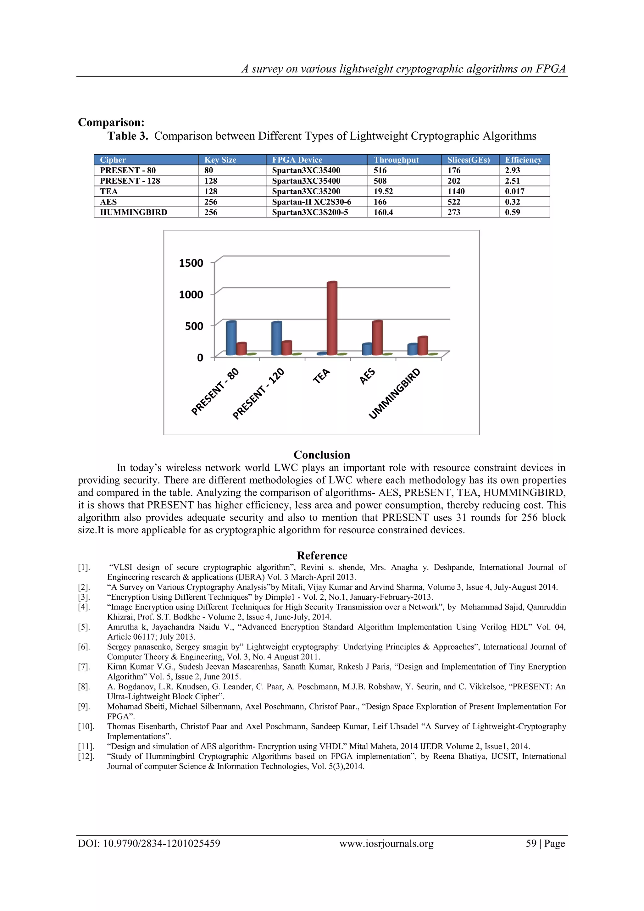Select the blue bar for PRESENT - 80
231,338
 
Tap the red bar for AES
377,338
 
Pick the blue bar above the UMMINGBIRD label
412,350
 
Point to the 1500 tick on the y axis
191,263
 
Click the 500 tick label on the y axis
194,326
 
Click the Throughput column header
396,160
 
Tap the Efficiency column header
523,160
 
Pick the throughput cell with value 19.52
383,191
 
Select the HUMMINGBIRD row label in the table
133,212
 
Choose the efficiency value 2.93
512,170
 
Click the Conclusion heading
322,455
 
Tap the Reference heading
322,555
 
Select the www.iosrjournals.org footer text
386,844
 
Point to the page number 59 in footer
531,844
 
